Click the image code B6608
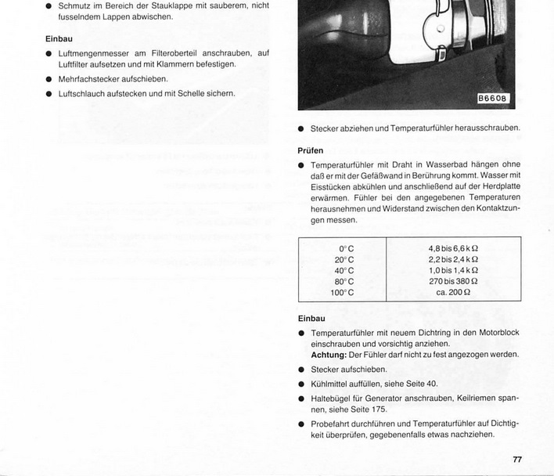tap(493, 99)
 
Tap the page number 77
tap(517, 460)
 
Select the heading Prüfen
tap(311, 150)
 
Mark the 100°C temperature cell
tap(342, 293)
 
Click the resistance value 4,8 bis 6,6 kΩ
tap(453, 249)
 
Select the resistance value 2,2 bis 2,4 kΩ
tap(453, 260)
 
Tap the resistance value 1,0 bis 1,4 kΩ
tap(453, 271)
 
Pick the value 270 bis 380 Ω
tap(453, 282)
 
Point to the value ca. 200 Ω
tap(453, 293)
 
